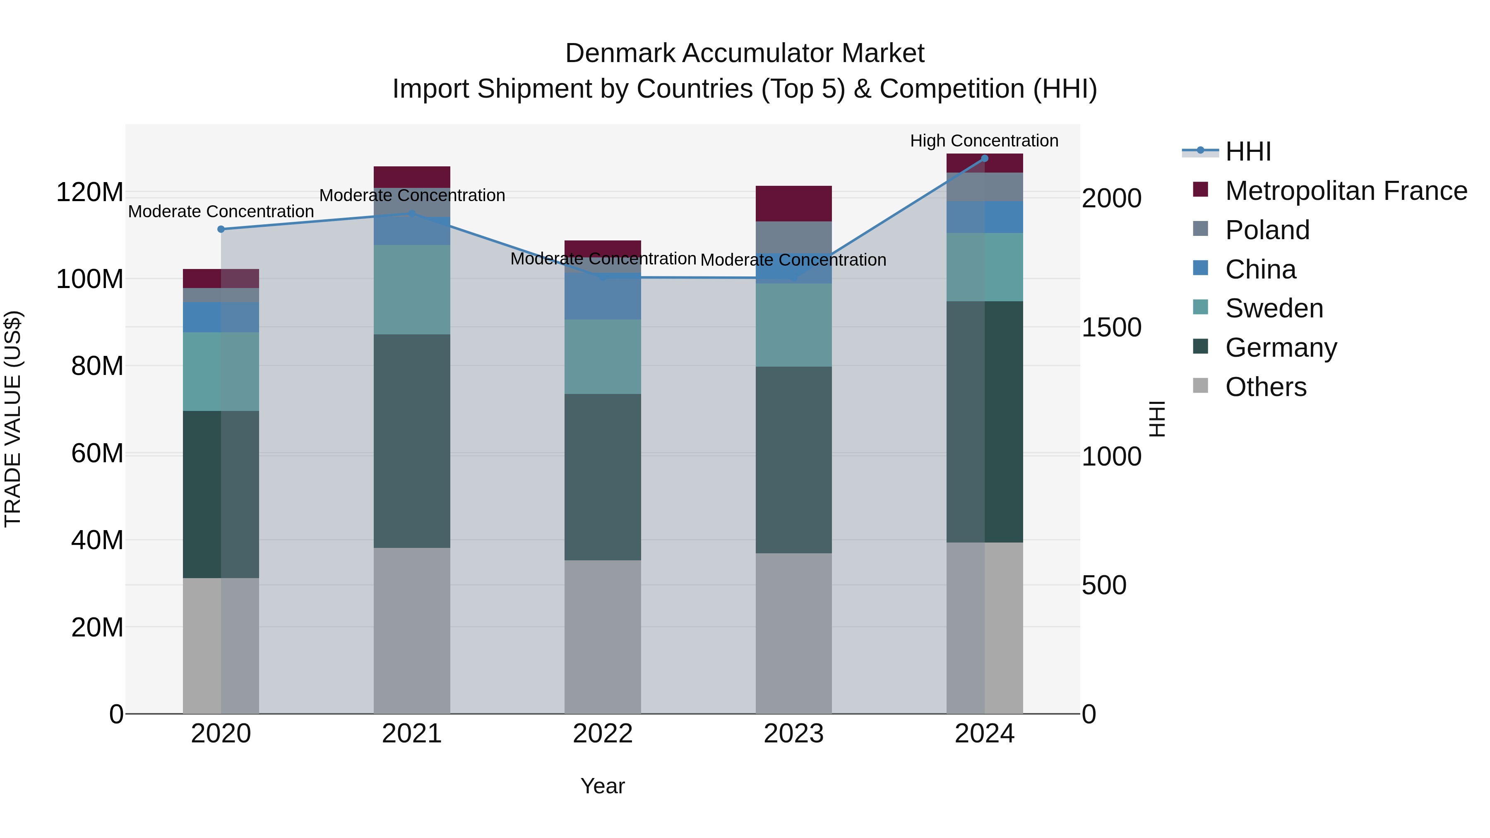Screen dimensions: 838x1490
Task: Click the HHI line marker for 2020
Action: [x=221, y=229]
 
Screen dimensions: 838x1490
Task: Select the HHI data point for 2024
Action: [x=985, y=158]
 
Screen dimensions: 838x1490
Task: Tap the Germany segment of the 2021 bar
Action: [x=412, y=441]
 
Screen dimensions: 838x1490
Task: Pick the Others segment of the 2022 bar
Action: [x=603, y=636]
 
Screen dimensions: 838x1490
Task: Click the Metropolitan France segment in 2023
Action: [x=793, y=204]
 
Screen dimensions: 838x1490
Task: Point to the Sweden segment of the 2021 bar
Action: [x=412, y=289]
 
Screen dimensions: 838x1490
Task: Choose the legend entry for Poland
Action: [x=1267, y=230]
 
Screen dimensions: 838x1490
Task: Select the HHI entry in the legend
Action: [x=1247, y=151]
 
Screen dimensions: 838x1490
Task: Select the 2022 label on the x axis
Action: [x=603, y=733]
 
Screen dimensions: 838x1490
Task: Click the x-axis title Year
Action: [x=603, y=786]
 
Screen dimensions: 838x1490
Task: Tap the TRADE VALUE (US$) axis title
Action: [x=13, y=419]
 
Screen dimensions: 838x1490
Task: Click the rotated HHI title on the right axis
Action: [x=1157, y=419]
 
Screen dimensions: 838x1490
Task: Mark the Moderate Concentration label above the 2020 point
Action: [x=221, y=211]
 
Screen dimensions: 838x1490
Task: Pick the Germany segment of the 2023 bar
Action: [x=793, y=460]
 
